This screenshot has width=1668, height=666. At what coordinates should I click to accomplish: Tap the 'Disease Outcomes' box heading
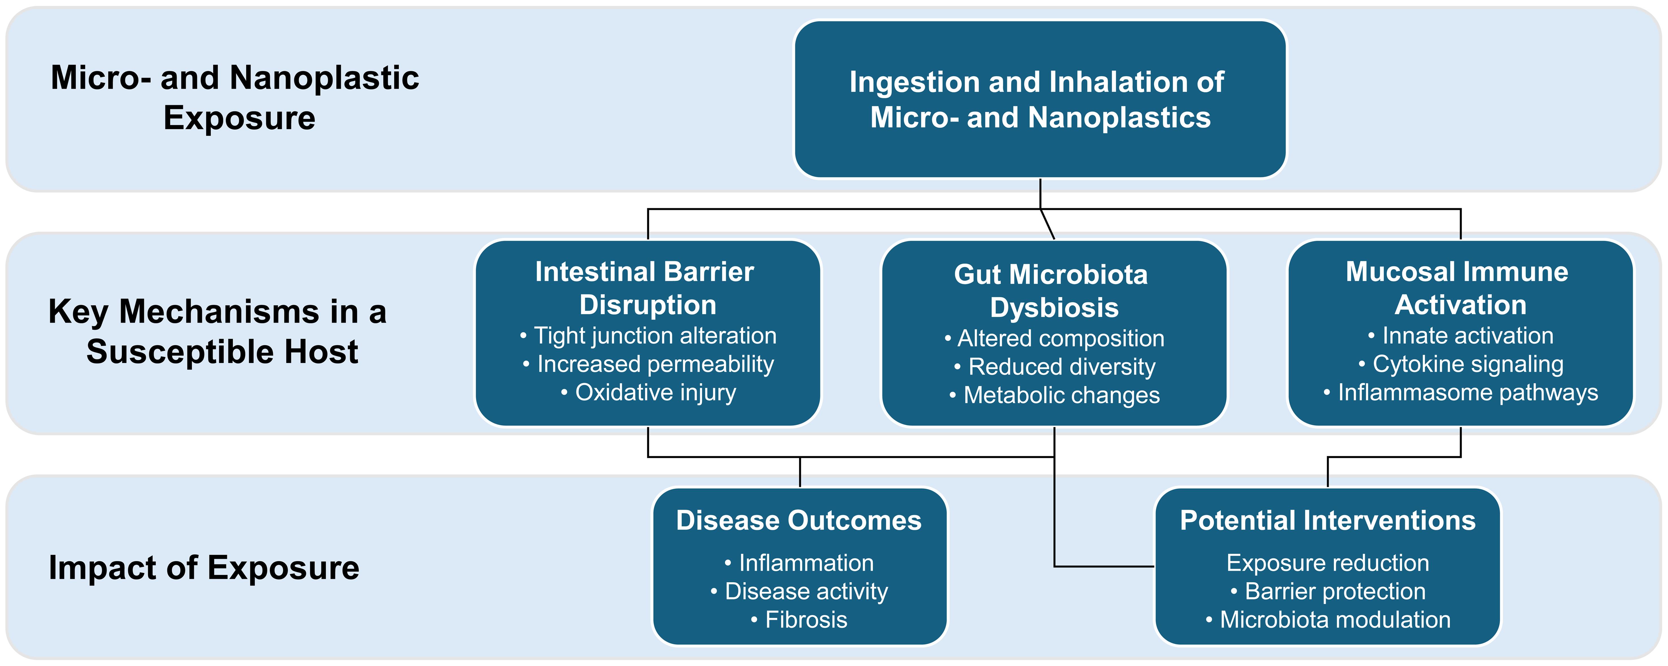[798, 520]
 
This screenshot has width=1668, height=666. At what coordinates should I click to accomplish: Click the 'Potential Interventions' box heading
[1327, 520]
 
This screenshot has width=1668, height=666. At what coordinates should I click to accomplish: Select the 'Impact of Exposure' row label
[204, 567]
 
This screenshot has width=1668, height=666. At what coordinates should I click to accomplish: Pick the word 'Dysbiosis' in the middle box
[1054, 308]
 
